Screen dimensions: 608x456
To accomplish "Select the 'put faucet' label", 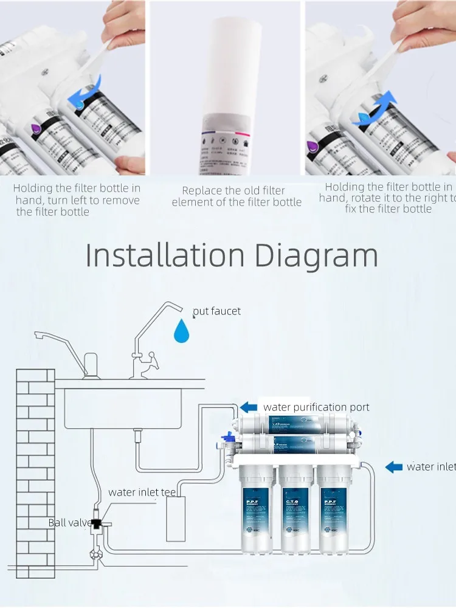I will (x=216, y=311).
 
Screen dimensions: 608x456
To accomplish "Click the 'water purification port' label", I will (x=316, y=407).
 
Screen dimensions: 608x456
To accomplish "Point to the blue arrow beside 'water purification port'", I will (x=249, y=407).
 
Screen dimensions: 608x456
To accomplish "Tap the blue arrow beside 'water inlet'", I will (x=394, y=467).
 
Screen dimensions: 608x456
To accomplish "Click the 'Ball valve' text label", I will (x=69, y=523).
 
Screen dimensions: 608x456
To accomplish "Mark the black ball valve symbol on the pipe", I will (x=97, y=522).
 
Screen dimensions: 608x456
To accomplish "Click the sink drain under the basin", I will (x=137, y=436).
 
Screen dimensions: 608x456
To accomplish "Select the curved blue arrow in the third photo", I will (x=375, y=111).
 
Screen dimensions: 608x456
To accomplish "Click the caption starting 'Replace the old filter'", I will (x=236, y=196).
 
